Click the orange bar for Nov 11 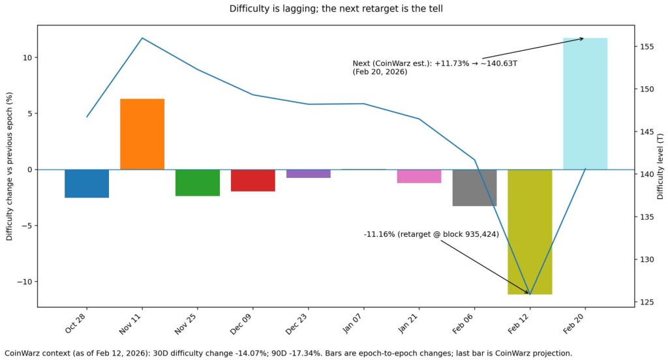coord(142,134)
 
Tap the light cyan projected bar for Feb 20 coord(585,104)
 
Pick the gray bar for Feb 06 coord(474,188)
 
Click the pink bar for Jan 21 coord(419,176)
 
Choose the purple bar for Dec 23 coord(308,173)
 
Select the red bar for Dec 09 coord(253,181)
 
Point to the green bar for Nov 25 coord(198,183)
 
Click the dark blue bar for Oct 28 coord(87,183)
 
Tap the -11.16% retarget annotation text coord(431,234)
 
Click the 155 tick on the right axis coord(646,47)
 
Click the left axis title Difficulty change coord(10,166)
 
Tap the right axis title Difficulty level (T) coord(660,166)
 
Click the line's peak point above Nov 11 coord(142,38)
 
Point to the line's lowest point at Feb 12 coord(530,294)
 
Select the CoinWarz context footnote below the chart coord(288,353)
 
